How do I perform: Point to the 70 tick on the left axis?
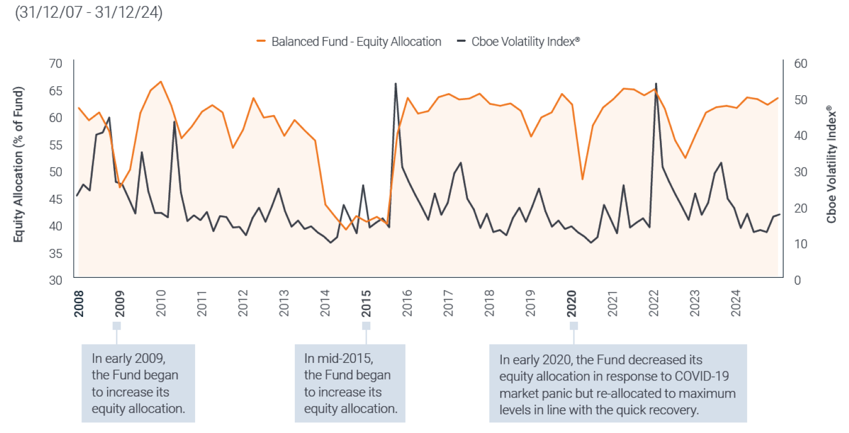pyautogui.click(x=56, y=64)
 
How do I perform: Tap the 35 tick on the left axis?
pyautogui.click(x=56, y=253)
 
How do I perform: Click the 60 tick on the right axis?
pyautogui.click(x=801, y=64)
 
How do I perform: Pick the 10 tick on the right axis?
pyautogui.click(x=801, y=244)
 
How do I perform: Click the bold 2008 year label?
pyautogui.click(x=79, y=303)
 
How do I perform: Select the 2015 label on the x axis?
pyautogui.click(x=366, y=303)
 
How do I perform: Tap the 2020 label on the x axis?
pyautogui.click(x=572, y=303)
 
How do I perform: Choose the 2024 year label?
pyautogui.click(x=735, y=303)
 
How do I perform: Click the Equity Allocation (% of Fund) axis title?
pyautogui.click(x=18, y=164)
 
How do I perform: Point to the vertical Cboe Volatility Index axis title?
pyautogui.click(x=831, y=164)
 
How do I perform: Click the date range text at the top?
pyautogui.click(x=89, y=12)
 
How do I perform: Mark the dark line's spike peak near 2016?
pyautogui.click(x=396, y=83)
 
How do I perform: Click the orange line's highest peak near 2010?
pyautogui.click(x=161, y=82)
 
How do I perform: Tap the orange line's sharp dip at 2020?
pyautogui.click(x=582, y=179)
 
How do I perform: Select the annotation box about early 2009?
pyautogui.click(x=138, y=383)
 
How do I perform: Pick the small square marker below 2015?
pyautogui.click(x=366, y=326)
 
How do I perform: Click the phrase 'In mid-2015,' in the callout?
pyautogui.click(x=339, y=358)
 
